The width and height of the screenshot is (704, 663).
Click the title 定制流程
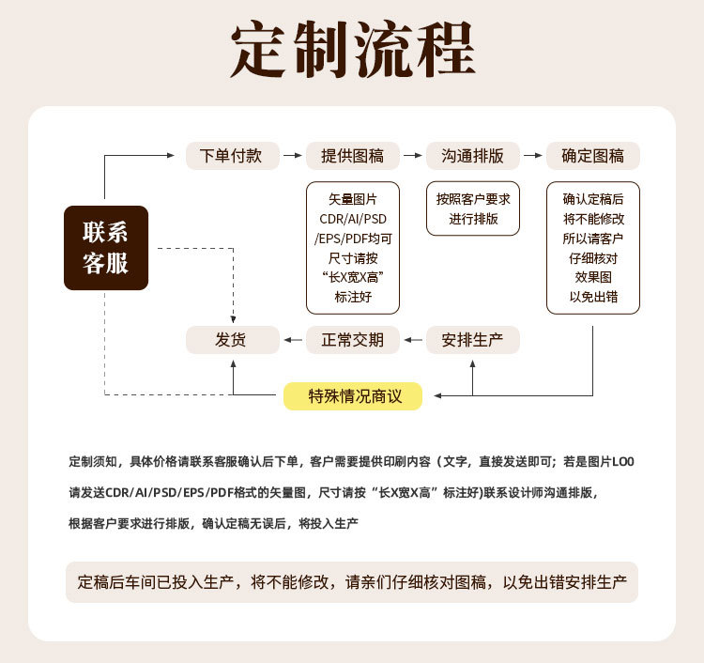point(352,50)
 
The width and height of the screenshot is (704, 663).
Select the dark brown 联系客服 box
point(105,248)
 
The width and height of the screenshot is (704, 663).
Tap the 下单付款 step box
point(231,156)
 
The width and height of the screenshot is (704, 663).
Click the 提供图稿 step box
point(352,156)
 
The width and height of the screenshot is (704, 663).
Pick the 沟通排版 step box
point(472,156)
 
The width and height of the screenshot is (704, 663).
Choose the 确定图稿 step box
point(592,156)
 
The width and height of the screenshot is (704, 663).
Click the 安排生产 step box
point(472,340)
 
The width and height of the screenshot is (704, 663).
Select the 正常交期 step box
point(352,340)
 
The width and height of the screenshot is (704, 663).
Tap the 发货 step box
point(231,340)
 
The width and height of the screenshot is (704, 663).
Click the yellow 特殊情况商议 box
point(353,396)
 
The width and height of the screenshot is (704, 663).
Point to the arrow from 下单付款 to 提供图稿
point(292,156)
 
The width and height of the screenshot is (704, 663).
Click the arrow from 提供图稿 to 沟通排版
point(412,156)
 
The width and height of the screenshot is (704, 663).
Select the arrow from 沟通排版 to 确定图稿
point(532,156)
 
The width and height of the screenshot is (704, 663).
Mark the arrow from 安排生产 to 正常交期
point(412,340)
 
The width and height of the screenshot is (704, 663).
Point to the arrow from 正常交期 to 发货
point(292,340)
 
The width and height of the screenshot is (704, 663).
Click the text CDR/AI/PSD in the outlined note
point(353,219)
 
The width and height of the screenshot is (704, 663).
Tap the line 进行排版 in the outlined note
point(472,219)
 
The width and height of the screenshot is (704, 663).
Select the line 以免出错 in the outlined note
point(592,298)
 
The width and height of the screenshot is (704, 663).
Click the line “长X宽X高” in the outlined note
point(353,278)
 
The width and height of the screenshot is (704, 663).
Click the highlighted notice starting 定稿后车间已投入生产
point(352,582)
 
